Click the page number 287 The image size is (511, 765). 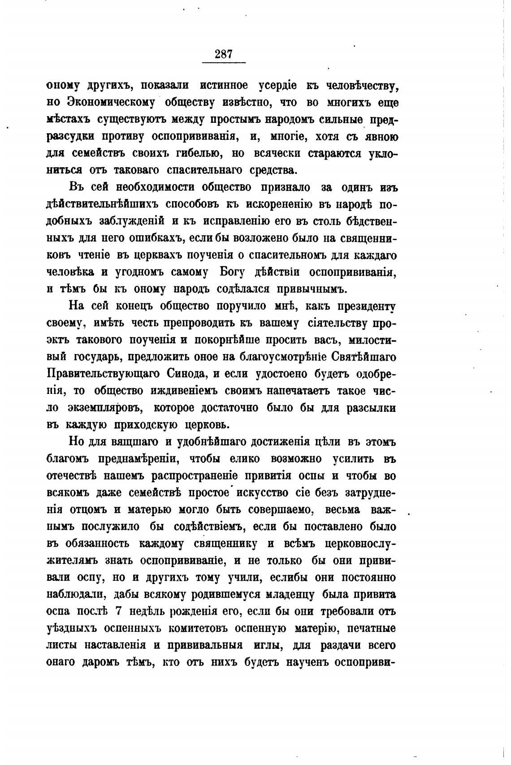pyautogui.click(x=224, y=54)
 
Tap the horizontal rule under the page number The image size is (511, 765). pyautogui.click(x=224, y=62)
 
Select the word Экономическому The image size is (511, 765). pyautogui.click(x=110, y=102)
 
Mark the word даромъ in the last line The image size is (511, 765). pyautogui.click(x=101, y=662)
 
